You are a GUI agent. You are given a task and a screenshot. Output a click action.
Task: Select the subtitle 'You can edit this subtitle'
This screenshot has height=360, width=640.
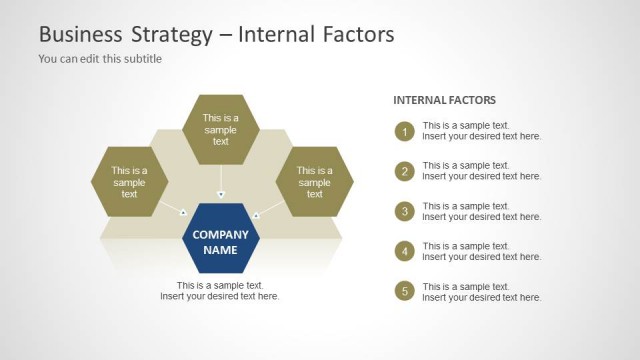(x=100, y=59)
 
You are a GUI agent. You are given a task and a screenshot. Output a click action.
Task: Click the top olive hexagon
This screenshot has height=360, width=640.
(x=221, y=129)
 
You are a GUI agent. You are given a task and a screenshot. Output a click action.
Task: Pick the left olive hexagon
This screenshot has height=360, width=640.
(x=129, y=182)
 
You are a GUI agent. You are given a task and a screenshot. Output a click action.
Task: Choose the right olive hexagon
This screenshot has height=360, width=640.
(x=314, y=182)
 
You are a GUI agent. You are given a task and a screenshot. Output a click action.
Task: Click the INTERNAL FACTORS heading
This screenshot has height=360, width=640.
(x=444, y=100)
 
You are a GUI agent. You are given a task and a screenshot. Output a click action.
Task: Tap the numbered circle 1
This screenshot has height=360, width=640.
(x=405, y=131)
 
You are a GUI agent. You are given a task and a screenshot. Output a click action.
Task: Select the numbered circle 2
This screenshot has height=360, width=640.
(x=405, y=171)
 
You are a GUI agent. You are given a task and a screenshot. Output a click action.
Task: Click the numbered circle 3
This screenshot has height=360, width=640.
(x=405, y=211)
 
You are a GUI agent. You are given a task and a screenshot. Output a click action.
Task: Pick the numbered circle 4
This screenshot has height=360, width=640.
(x=405, y=251)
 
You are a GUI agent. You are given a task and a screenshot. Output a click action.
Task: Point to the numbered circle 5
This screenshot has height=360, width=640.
(x=405, y=291)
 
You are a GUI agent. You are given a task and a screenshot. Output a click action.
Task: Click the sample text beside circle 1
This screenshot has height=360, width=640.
(x=481, y=131)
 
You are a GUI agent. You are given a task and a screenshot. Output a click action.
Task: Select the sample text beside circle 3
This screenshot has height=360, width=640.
(x=481, y=211)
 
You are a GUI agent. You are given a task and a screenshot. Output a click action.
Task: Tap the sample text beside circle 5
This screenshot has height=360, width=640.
(x=481, y=291)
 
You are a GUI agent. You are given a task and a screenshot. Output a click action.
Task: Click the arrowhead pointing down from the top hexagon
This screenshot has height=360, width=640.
(x=221, y=194)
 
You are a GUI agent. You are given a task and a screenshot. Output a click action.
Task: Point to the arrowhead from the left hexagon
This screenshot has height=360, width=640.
(x=183, y=211)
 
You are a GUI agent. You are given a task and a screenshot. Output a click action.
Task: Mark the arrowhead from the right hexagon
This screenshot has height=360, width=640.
(x=257, y=214)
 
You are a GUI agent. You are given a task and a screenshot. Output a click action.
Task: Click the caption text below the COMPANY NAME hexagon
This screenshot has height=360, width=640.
(x=220, y=291)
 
